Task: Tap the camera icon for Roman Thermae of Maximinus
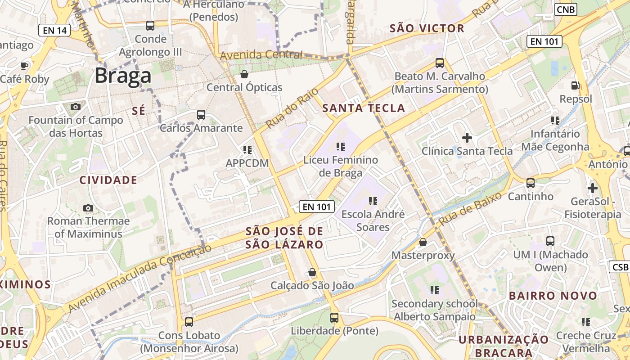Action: (x=88, y=208)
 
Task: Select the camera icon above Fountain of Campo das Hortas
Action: (x=76, y=107)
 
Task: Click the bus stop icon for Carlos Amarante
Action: (x=201, y=115)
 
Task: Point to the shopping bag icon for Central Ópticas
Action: (x=244, y=74)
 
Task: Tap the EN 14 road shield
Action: (x=55, y=31)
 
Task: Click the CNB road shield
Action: (x=566, y=9)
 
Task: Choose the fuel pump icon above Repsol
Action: (x=575, y=85)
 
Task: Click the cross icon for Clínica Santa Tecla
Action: (x=467, y=137)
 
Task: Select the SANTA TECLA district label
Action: (x=364, y=108)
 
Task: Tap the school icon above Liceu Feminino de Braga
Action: (x=341, y=147)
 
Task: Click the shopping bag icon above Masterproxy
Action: (x=423, y=242)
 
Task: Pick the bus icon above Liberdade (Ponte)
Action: (x=334, y=318)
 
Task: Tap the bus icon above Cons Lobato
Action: (x=189, y=322)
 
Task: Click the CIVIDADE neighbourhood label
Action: (x=108, y=180)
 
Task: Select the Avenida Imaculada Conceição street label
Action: (x=139, y=278)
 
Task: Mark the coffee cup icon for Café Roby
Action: (x=24, y=66)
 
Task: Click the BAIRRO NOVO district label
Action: (x=553, y=296)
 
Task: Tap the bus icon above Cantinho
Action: (x=531, y=183)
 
